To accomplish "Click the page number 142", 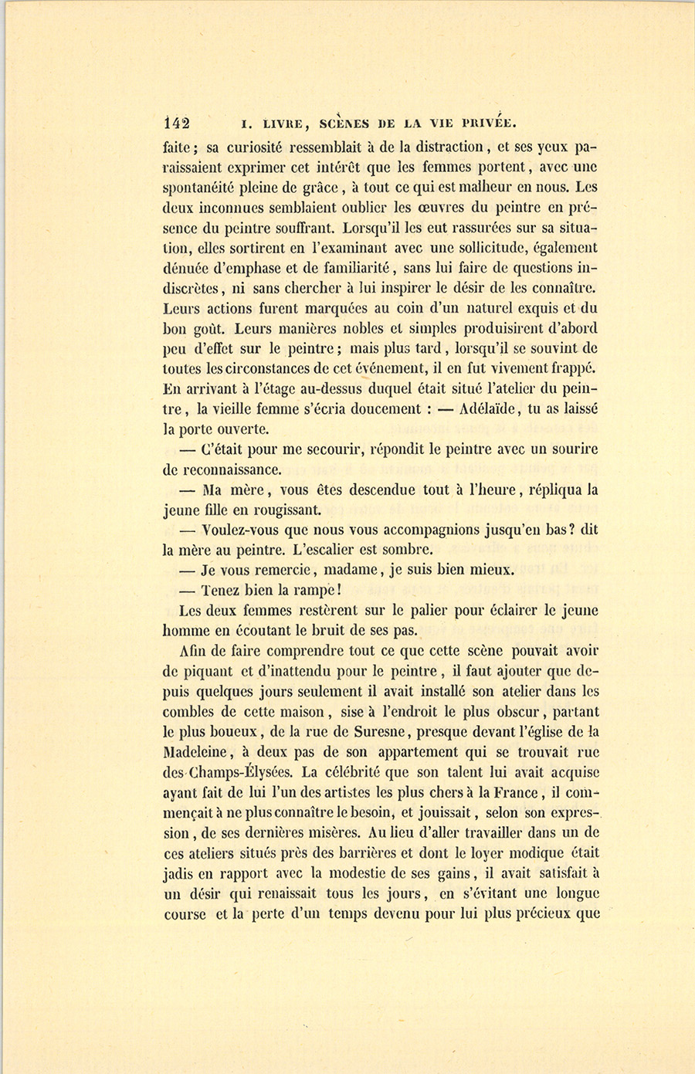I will coord(177,122).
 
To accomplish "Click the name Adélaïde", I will coord(493,409).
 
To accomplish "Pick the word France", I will coord(507,791).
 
